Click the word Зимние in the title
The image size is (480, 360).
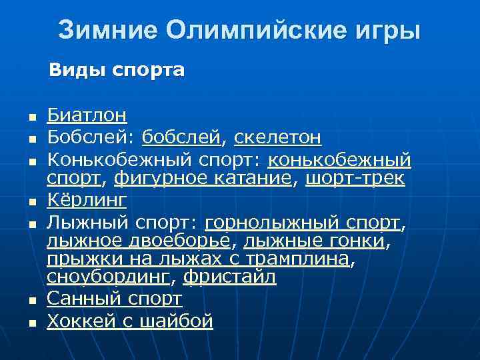coord(106,30)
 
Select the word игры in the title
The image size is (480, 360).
coord(389,30)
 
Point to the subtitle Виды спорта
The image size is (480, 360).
coord(117,69)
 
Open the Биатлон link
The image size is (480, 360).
coord(87,115)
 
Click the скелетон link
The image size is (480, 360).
coord(278,138)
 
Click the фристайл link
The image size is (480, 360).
coord(229,277)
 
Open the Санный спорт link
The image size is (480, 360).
coord(114,297)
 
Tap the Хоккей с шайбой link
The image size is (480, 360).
coord(130,321)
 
